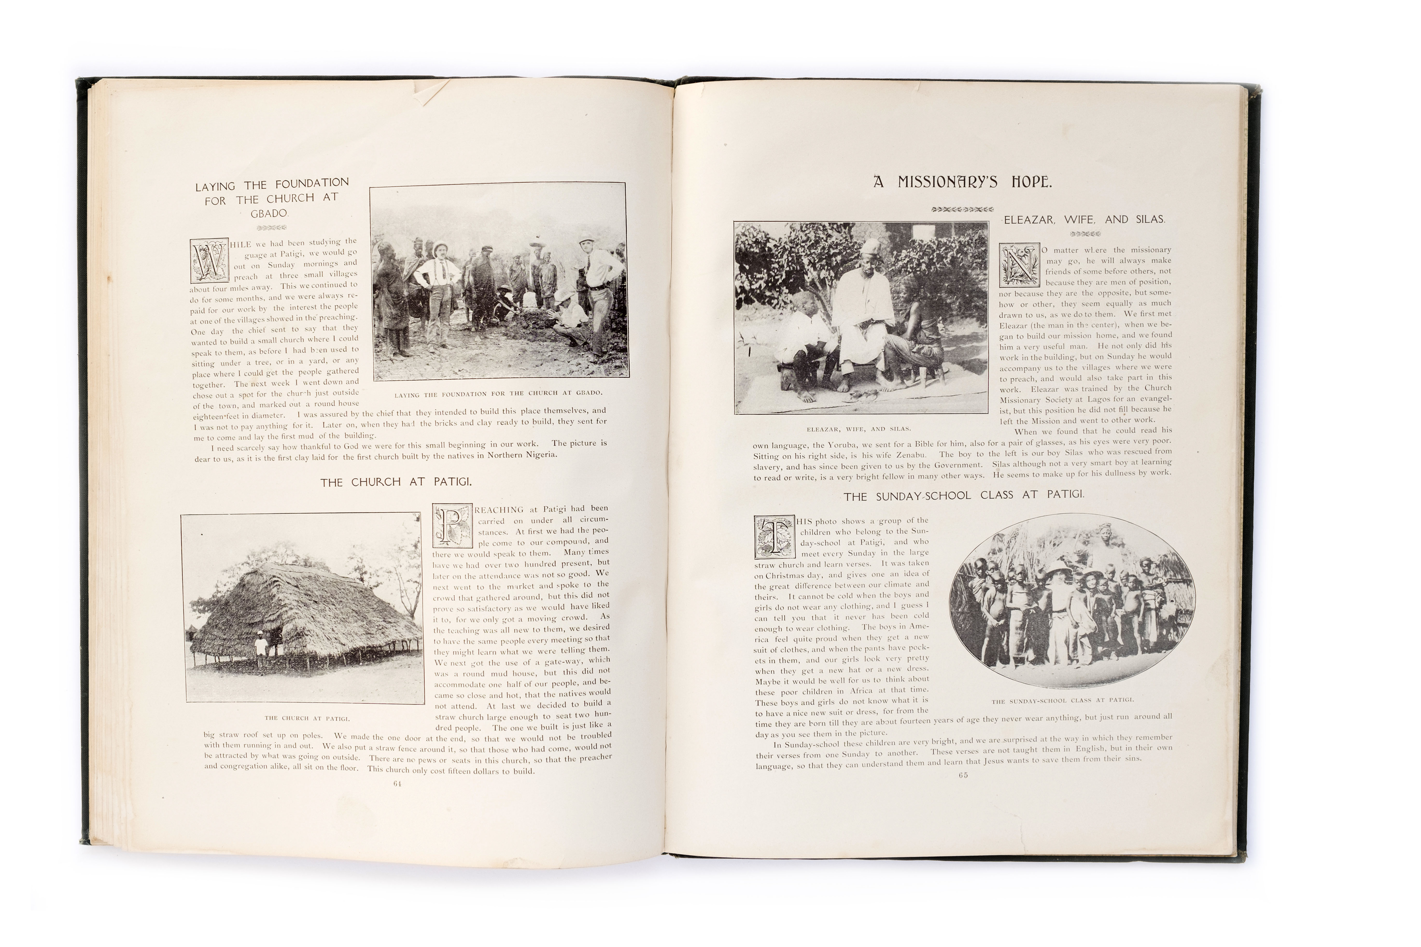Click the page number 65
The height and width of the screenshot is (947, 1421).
click(963, 775)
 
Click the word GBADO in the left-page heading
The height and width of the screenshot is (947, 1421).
click(270, 214)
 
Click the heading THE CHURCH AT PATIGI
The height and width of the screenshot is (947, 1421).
click(396, 482)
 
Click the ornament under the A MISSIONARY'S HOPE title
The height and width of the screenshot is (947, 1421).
click(962, 210)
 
